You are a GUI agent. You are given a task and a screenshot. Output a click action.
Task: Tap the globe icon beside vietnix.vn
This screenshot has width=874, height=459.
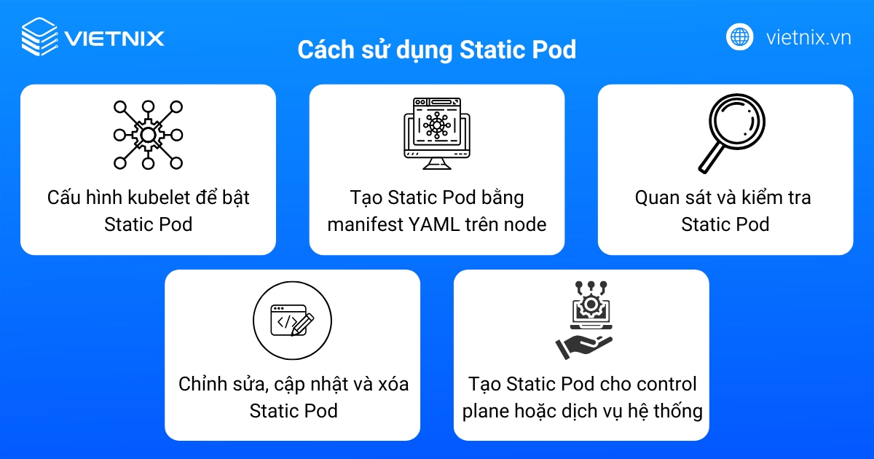pyautogui.click(x=739, y=37)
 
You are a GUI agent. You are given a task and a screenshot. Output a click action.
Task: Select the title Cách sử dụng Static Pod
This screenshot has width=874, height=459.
pyautogui.click(x=436, y=50)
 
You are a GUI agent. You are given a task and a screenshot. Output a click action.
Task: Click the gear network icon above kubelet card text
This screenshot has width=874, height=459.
pyautogui.click(x=148, y=135)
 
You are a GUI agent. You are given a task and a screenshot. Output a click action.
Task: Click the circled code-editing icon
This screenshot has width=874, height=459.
pyautogui.click(x=292, y=321)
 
